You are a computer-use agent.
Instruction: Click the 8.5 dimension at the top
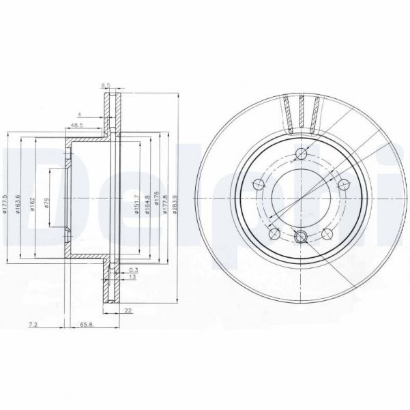105,85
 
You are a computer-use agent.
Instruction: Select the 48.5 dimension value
76,126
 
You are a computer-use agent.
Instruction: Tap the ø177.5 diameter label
5,203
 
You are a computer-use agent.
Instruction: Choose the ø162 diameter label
33,203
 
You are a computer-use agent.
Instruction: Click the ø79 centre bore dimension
47,203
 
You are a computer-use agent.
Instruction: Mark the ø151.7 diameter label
137,203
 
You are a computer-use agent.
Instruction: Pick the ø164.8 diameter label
147,203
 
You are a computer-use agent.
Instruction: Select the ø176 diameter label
156,203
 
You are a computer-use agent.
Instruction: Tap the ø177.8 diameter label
166,203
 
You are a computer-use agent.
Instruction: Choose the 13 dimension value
131,278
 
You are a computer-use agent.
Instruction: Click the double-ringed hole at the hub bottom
300,237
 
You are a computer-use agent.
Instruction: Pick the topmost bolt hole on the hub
300,153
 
